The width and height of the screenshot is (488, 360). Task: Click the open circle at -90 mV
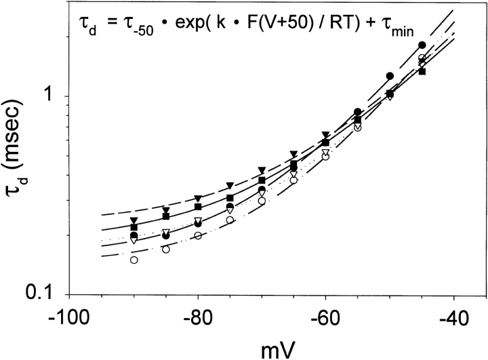(x=134, y=260)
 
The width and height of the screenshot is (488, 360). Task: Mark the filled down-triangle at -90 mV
(x=134, y=220)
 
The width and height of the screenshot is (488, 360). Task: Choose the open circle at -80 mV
(x=198, y=235)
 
